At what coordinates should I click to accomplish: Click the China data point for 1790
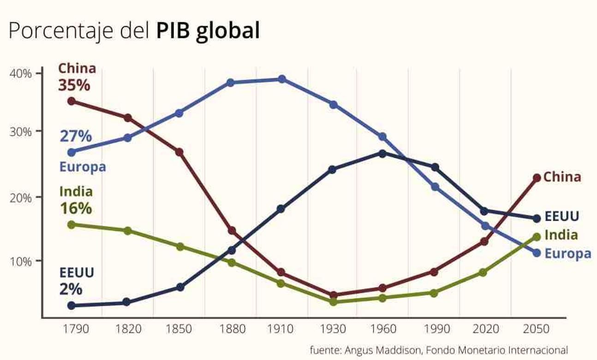point(71,101)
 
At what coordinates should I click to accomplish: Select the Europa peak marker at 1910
point(282,79)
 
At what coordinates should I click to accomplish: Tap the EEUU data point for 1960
point(382,153)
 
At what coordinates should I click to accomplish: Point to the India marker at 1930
point(333,301)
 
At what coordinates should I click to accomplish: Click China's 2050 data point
point(537,178)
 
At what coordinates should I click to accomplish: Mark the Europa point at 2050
point(537,253)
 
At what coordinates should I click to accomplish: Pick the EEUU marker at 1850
point(180,287)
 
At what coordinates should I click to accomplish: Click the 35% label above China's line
point(74,85)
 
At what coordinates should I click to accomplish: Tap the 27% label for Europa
point(76,136)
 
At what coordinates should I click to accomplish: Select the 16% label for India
point(76,208)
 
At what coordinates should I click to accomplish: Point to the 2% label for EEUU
point(71,289)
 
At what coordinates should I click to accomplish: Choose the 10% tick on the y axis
point(21,261)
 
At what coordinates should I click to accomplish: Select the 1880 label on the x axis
point(230,329)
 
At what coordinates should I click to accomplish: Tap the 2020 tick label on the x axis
point(486,329)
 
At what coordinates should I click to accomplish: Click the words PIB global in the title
point(208,31)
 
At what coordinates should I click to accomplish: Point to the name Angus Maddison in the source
point(382,350)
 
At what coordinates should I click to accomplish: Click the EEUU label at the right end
point(561,216)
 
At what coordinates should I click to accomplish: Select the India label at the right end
point(561,235)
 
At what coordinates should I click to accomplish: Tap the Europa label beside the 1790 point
point(83,167)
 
